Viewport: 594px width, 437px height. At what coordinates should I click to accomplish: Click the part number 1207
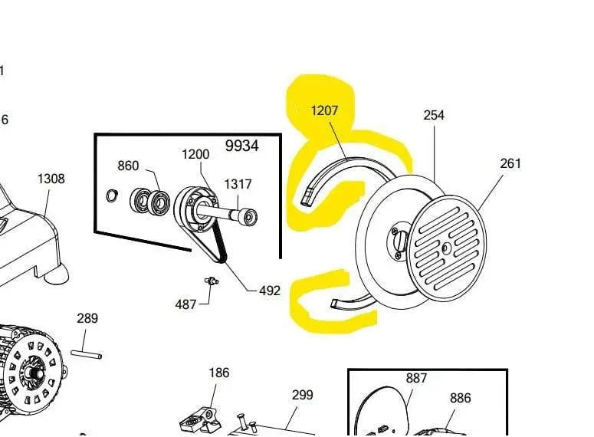[324, 111]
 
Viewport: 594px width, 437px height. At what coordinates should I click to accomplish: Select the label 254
[434, 115]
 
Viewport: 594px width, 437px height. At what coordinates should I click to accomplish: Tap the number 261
[510, 163]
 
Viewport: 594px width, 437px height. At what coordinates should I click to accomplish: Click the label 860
[128, 166]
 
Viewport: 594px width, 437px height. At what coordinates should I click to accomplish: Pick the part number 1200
[195, 154]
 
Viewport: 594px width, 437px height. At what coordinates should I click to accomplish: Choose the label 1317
[238, 184]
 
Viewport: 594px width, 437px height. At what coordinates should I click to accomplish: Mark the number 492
[270, 291]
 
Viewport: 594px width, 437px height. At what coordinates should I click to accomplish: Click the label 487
[185, 304]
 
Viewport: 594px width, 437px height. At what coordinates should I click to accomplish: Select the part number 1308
[51, 179]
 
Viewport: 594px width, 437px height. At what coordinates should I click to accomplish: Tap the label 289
[87, 318]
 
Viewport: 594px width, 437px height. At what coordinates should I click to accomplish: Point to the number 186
[219, 373]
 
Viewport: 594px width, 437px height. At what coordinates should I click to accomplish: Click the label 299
[303, 395]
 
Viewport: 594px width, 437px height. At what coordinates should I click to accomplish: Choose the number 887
[416, 378]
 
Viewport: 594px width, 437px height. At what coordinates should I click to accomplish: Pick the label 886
[461, 398]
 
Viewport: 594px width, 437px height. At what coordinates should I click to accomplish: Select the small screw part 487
[210, 281]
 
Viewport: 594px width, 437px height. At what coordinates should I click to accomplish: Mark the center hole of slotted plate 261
[446, 247]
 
